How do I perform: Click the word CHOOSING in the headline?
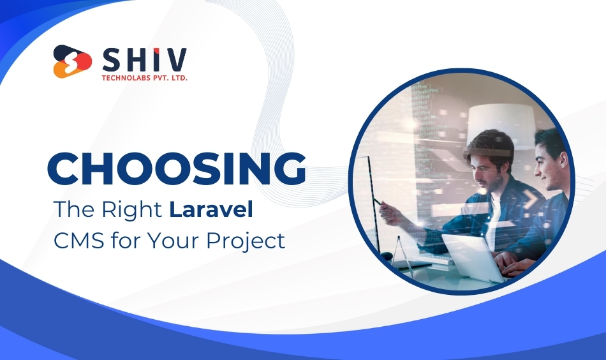click(x=177, y=169)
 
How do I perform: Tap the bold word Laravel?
click(x=211, y=209)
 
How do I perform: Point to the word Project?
click(x=246, y=241)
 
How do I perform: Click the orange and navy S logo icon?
click(x=73, y=61)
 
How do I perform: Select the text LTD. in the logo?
click(x=180, y=78)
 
